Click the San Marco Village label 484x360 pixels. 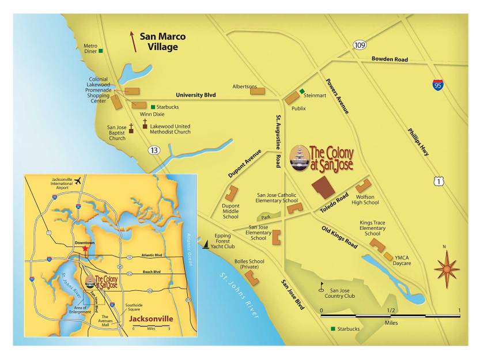pyautogui.click(x=162, y=41)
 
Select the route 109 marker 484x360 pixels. pyautogui.click(x=360, y=45)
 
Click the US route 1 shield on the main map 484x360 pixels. pyautogui.click(x=440, y=182)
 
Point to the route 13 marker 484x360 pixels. pyautogui.click(x=153, y=150)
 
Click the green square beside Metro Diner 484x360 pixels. pyautogui.click(x=101, y=51)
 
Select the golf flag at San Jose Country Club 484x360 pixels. pyautogui.click(x=323, y=285)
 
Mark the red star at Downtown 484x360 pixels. pyautogui.click(x=85, y=249)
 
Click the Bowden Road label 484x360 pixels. pyautogui.click(x=389, y=59)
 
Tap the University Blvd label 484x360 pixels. pyautogui.click(x=196, y=96)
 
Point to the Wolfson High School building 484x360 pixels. pyautogui.click(x=363, y=186)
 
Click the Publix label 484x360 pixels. pyautogui.click(x=298, y=108)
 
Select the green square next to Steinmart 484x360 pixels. pyautogui.click(x=301, y=91)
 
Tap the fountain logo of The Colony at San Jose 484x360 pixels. pyautogui.click(x=299, y=158)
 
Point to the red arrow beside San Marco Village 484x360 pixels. pyautogui.click(x=134, y=41)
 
